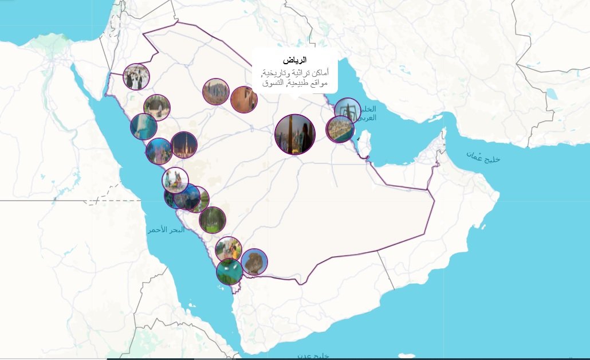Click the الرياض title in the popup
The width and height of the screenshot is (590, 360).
pos(295,60)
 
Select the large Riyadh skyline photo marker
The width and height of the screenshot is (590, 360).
pos(294,134)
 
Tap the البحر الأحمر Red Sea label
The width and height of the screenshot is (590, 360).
pos(166,229)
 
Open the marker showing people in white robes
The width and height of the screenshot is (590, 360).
pos(136,77)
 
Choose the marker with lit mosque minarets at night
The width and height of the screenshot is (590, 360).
pos(184,144)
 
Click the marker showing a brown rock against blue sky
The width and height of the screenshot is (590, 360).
pos(254,261)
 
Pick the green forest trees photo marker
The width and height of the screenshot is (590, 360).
pos(212,220)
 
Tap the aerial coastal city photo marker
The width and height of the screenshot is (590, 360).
pos(340,129)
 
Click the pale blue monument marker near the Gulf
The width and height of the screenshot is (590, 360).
pos(347,110)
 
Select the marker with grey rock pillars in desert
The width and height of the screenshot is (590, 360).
pos(215,92)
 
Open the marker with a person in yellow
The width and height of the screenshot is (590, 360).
pos(228,249)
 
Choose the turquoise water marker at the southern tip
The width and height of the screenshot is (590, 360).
pos(229,271)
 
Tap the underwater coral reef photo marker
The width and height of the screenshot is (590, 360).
pos(143,127)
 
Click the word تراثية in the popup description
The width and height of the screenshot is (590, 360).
pos(306,73)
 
